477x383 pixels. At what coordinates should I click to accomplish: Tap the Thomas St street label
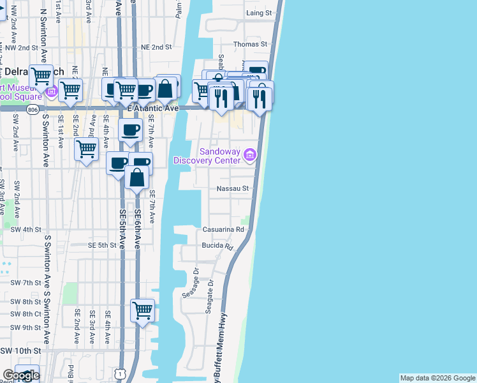[250, 45]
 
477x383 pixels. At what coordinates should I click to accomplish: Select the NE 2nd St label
[156, 47]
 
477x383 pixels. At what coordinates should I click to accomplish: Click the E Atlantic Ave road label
[152, 109]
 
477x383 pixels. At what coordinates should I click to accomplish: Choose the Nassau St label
[232, 189]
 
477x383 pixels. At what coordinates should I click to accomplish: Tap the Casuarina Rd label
[223, 229]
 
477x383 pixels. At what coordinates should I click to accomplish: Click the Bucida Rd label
[218, 246]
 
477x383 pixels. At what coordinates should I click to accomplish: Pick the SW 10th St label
[21, 351]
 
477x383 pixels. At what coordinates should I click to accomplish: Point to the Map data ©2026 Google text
[437, 378]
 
